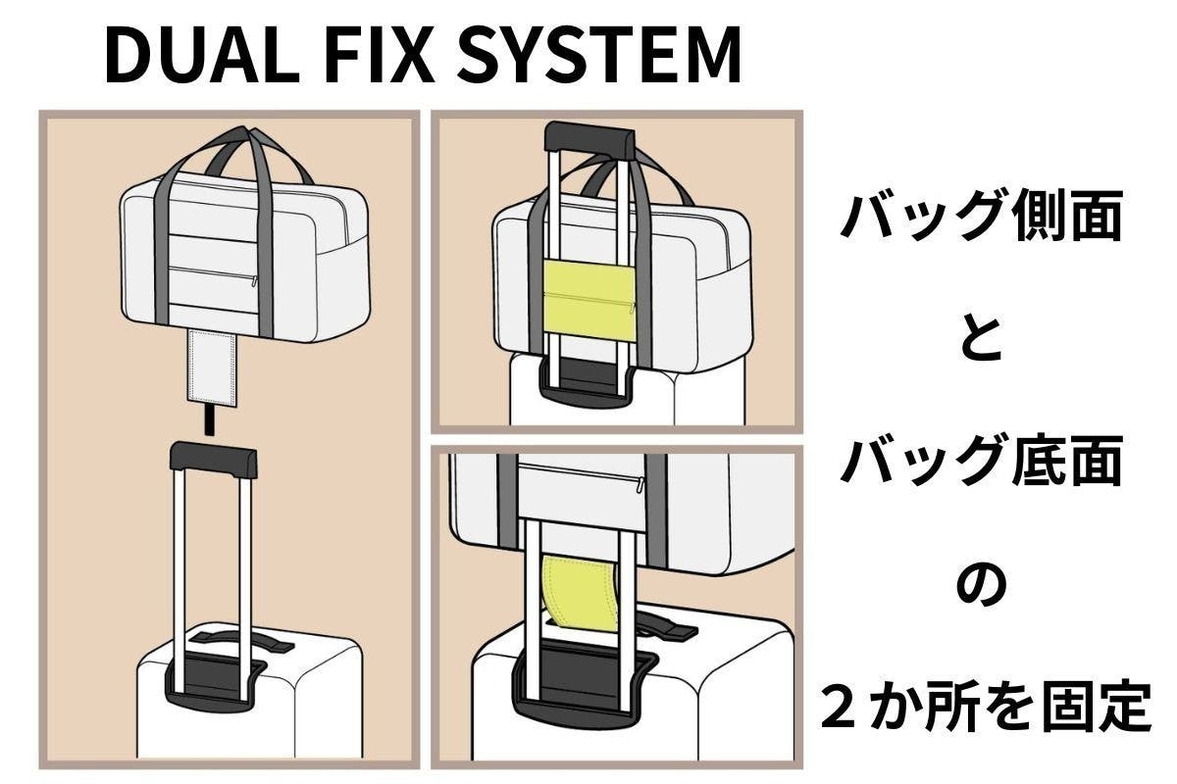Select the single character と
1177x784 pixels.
click(980, 340)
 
